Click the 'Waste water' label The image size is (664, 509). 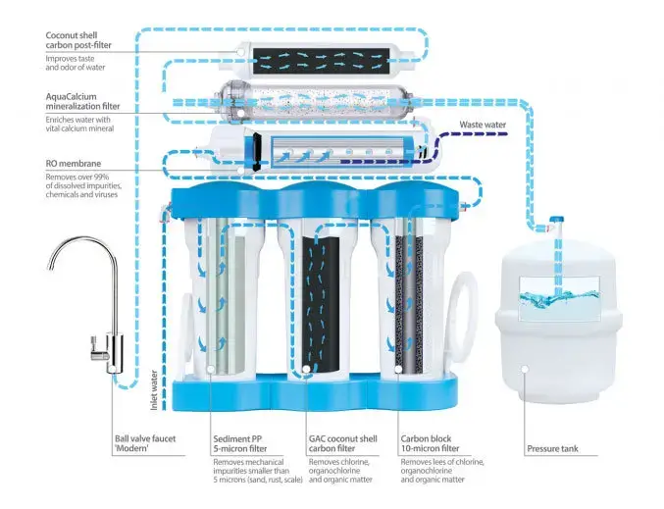point(483,125)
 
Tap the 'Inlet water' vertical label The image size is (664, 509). point(154,390)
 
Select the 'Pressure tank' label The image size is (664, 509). point(552,449)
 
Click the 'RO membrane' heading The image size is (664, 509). point(74,164)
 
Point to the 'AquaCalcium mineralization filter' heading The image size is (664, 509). point(82,102)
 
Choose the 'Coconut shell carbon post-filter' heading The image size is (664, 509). point(78,40)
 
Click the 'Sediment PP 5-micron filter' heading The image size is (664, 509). point(240,444)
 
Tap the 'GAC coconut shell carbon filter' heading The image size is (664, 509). point(342,444)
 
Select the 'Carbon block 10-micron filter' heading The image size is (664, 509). point(430,444)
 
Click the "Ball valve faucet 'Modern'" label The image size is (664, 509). point(145,444)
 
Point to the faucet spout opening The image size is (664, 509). point(50,267)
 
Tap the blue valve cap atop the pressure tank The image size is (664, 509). point(556,220)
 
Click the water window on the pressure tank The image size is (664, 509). point(559,297)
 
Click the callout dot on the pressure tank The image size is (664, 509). point(525,370)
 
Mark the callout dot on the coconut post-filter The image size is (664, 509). point(240,53)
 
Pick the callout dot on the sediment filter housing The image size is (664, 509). point(211,370)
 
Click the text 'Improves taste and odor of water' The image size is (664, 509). point(76,63)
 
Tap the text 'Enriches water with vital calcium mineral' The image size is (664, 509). point(79,125)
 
